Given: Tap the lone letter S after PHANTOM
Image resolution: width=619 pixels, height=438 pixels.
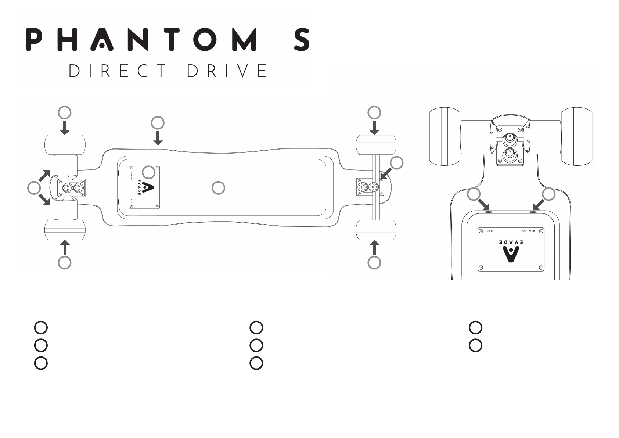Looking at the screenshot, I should [x=301, y=40].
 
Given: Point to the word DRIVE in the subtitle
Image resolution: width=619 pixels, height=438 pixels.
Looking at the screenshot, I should [x=227, y=71].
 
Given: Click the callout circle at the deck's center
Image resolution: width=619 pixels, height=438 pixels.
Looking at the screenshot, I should [x=219, y=188].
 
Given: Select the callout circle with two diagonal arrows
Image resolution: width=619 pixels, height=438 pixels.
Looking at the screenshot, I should [x=34, y=188].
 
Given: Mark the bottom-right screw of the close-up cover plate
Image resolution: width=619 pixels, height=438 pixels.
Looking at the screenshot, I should [x=540, y=267].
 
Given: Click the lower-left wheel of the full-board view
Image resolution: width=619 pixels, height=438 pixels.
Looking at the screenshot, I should [x=65, y=230].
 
